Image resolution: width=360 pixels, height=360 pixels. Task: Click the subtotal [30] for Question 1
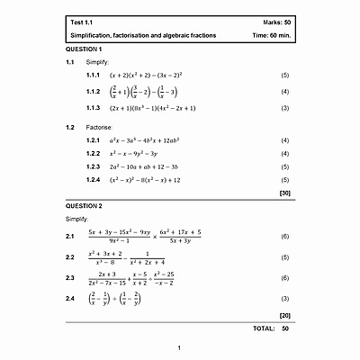(x=284, y=193)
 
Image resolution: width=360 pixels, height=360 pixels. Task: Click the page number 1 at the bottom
(x=179, y=347)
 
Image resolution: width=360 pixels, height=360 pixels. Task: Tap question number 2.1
(x=69, y=237)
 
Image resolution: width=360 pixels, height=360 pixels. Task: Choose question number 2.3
(x=69, y=278)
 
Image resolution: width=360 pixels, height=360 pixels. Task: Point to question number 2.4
(x=69, y=298)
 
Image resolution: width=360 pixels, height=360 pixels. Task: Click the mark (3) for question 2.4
(x=284, y=298)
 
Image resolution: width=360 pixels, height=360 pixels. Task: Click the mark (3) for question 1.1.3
(x=284, y=108)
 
